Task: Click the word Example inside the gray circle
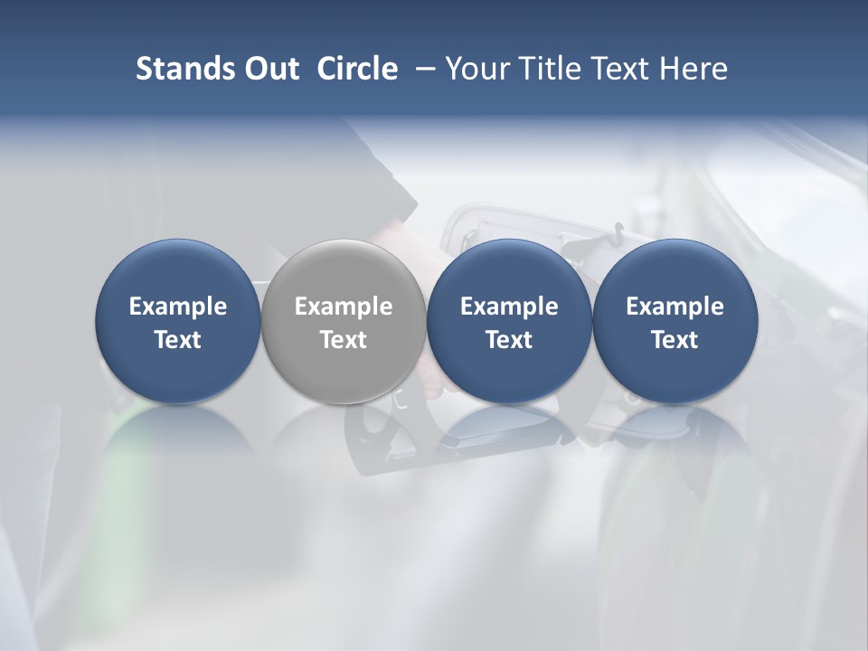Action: (x=344, y=307)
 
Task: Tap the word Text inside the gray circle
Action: (x=344, y=340)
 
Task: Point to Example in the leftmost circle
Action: (x=177, y=307)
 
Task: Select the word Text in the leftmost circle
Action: (x=177, y=340)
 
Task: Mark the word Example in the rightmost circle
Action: (x=675, y=307)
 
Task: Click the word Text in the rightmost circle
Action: (x=675, y=340)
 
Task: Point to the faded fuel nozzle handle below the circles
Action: (x=398, y=439)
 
